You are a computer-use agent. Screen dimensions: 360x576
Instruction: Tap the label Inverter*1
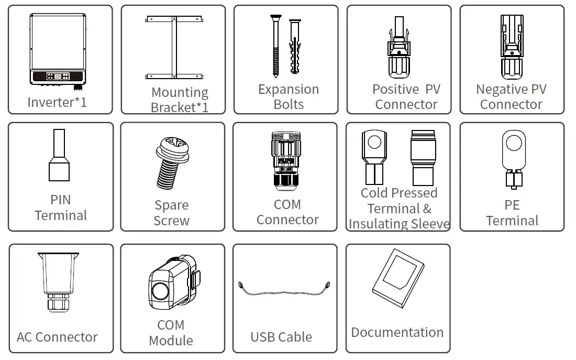[x=57, y=102]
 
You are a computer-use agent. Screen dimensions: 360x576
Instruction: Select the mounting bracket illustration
[x=173, y=48]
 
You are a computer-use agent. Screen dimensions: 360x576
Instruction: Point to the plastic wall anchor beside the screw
[x=295, y=47]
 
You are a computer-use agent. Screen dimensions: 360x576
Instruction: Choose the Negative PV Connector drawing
[x=512, y=46]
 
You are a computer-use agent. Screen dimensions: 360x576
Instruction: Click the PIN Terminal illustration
[x=59, y=156]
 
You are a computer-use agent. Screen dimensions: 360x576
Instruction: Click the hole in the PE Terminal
[x=512, y=142]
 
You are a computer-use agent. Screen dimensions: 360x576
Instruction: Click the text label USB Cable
[x=281, y=337]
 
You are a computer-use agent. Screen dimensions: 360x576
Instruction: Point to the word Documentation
[x=397, y=332]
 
